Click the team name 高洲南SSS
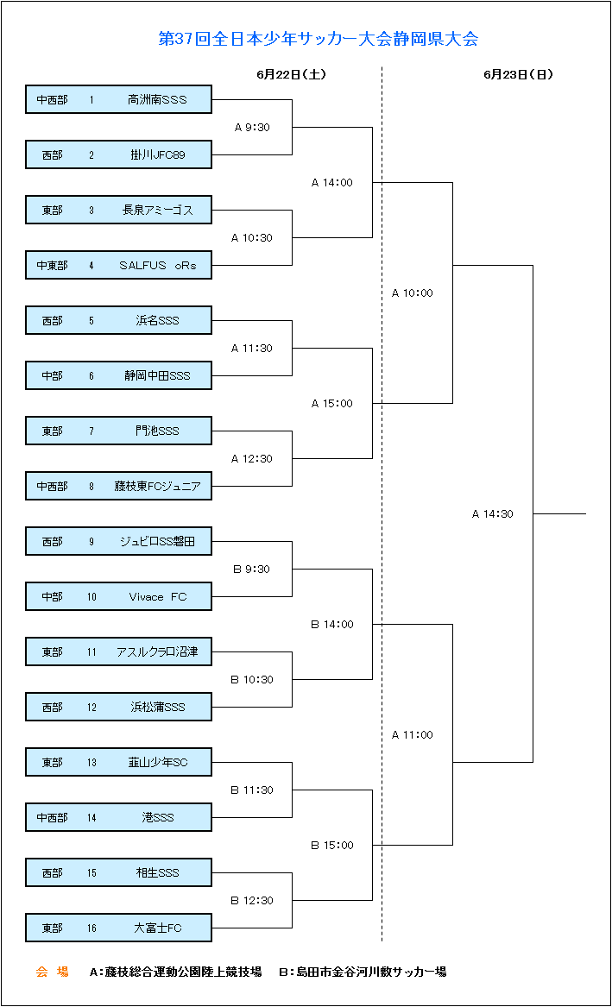tap(157, 99)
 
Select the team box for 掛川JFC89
tap(119, 154)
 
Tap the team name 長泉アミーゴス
tap(157, 210)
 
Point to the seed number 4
tap(91, 265)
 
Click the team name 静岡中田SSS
tap(157, 375)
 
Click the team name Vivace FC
tap(158, 596)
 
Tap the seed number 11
tap(91, 651)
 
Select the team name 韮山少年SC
tap(158, 762)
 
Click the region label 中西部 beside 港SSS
tap(52, 817)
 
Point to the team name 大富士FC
tap(158, 928)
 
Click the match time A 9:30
tap(252, 127)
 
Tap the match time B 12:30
tap(252, 900)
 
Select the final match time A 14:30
tap(493, 513)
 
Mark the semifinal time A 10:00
tap(413, 293)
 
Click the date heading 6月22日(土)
tap(291, 74)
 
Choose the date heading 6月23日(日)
tap(518, 74)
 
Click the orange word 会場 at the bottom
tap(52, 972)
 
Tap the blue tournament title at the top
tap(319, 39)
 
